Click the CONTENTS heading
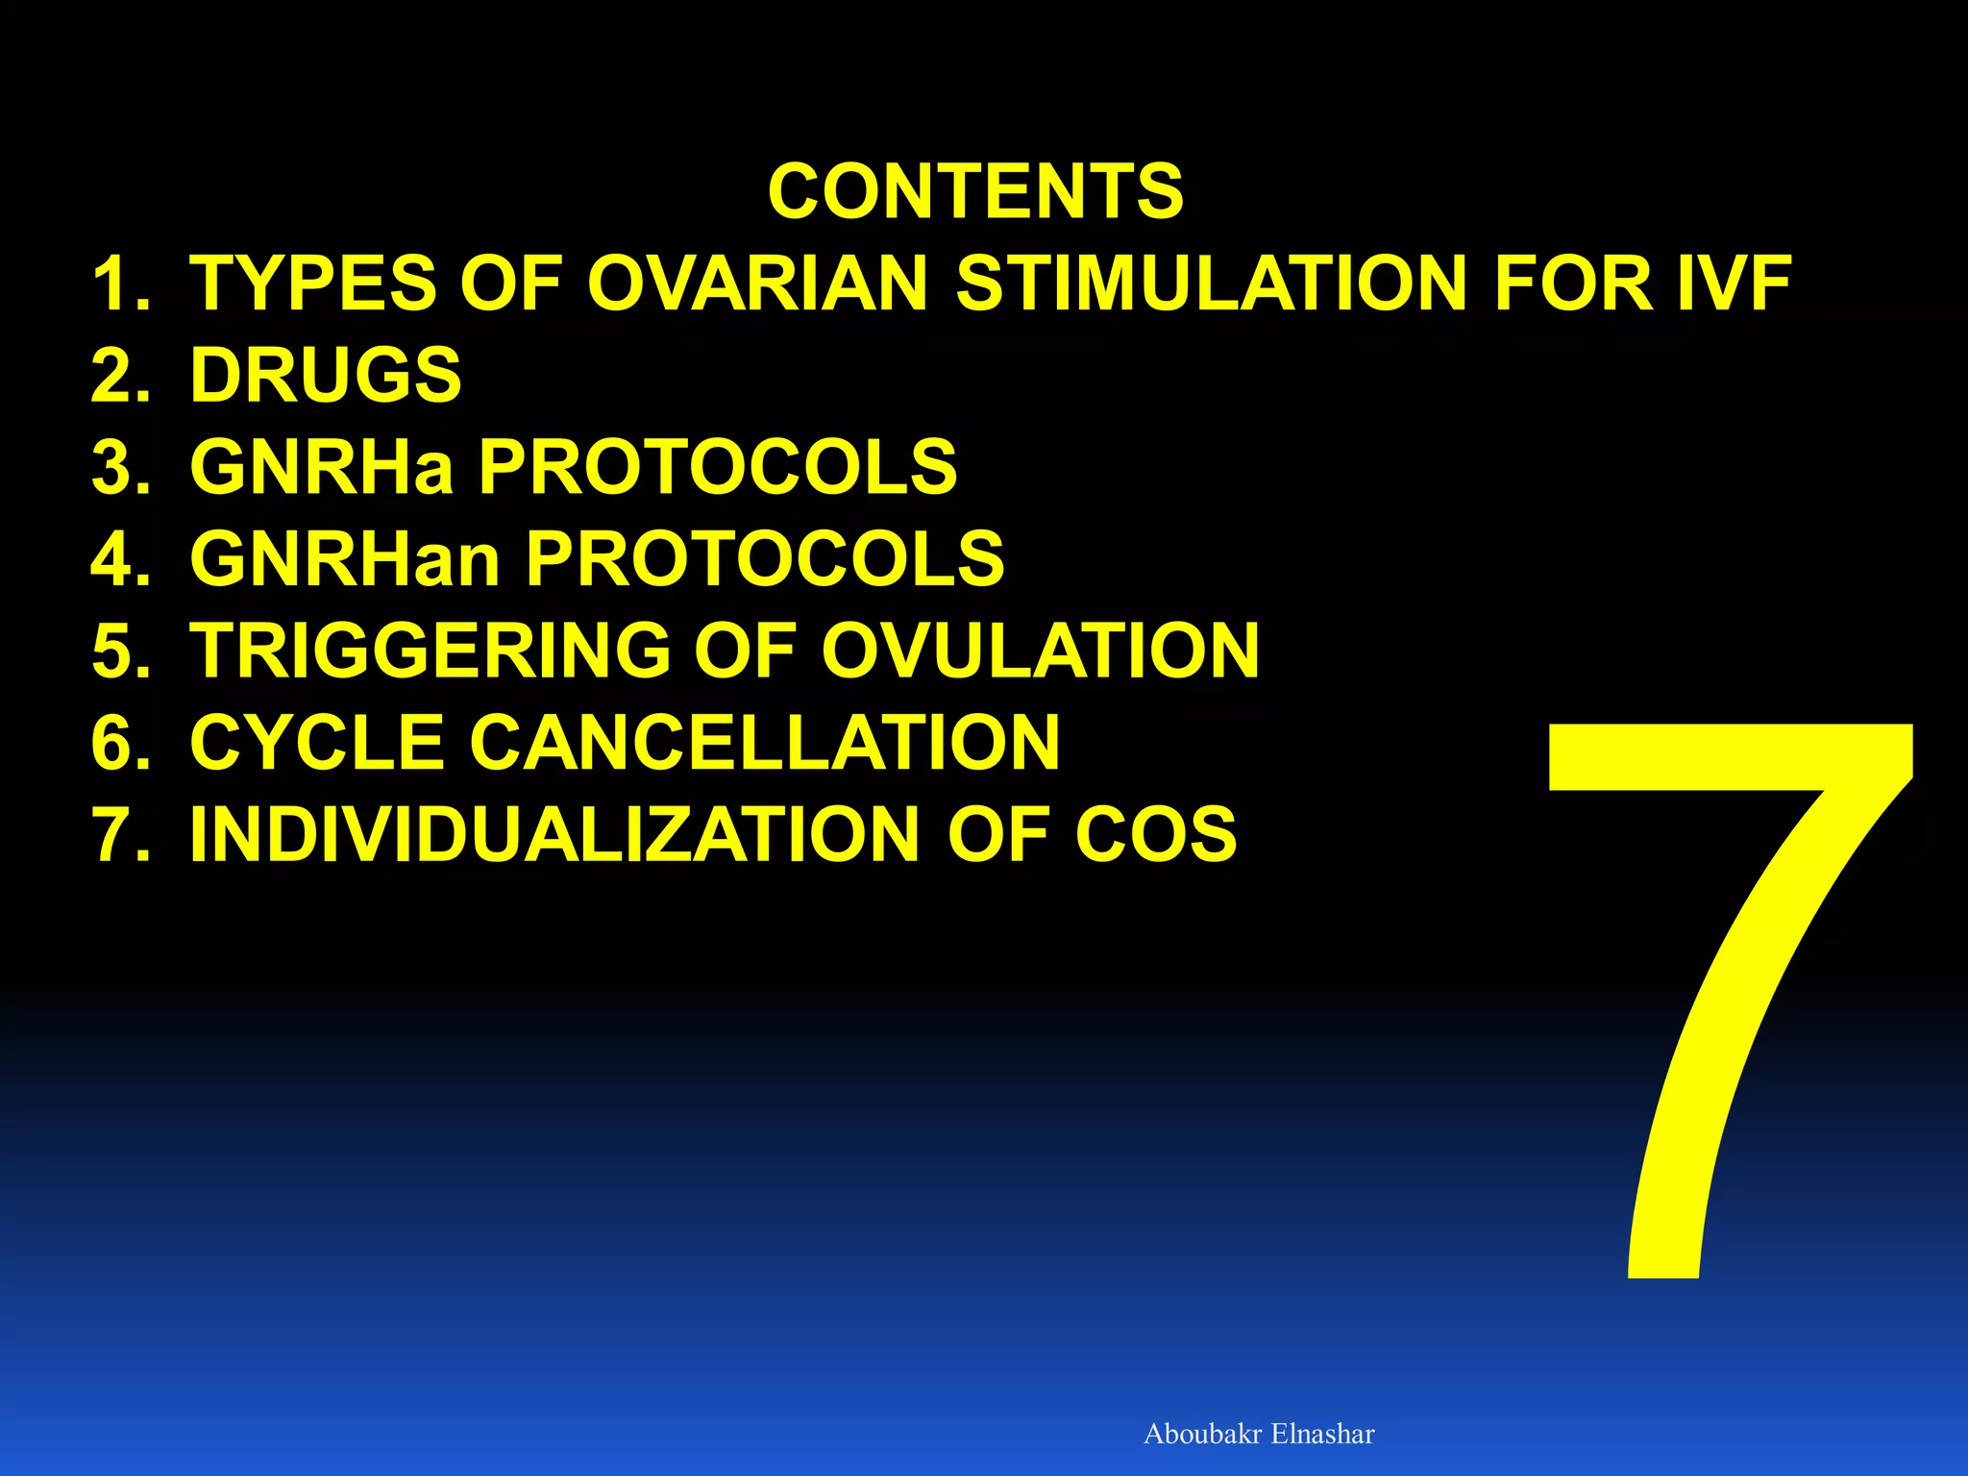pos(975,191)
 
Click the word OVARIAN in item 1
pos(757,283)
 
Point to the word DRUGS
pos(326,375)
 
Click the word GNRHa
pos(321,467)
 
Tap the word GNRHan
pos(345,558)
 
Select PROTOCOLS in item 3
pos(718,467)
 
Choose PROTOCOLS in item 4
pos(765,558)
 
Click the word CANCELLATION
pos(765,742)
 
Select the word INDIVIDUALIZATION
pos(555,834)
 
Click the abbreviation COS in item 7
pos(1155,834)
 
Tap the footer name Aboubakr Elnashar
pos(1259,1434)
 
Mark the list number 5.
pos(119,651)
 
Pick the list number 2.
pos(119,375)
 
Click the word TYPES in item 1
pos(312,283)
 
